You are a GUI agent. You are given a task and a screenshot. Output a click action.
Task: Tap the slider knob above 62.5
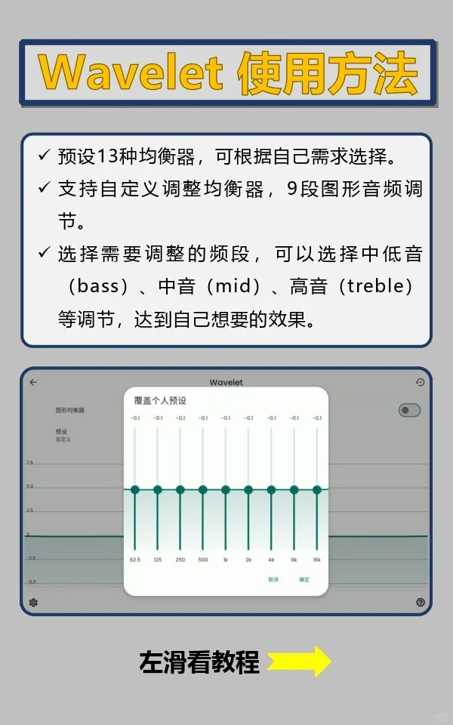[135, 489]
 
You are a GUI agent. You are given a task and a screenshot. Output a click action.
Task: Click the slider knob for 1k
[226, 489]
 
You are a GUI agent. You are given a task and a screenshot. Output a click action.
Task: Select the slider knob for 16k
[317, 489]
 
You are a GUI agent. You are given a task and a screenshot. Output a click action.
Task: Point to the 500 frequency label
[203, 560]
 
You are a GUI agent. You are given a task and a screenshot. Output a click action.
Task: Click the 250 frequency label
[180, 560]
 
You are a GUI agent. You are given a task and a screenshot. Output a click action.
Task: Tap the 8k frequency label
[294, 560]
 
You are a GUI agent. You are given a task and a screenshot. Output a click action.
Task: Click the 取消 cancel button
[273, 579]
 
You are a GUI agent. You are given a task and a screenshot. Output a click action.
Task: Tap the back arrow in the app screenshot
[33, 382]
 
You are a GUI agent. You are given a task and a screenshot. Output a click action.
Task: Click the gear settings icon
[33, 602]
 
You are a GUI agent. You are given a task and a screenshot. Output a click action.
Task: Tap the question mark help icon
[421, 602]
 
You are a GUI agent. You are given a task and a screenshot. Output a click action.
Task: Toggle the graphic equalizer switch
[409, 410]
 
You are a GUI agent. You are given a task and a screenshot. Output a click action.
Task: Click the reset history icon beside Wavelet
[421, 382]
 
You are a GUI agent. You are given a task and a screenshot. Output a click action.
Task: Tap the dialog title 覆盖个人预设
[160, 400]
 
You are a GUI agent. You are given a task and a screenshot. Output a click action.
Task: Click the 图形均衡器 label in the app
[69, 410]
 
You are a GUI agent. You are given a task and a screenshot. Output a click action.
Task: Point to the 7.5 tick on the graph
[29, 462]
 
